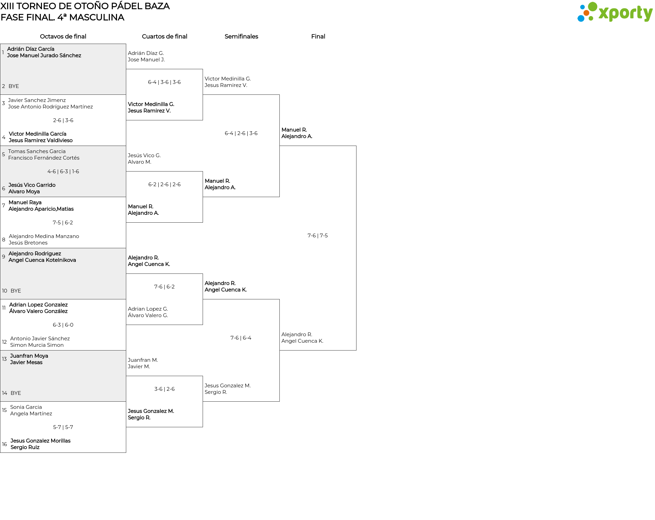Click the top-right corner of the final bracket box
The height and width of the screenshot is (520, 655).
[x=356, y=146]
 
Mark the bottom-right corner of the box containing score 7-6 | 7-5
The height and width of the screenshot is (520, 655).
[x=356, y=350]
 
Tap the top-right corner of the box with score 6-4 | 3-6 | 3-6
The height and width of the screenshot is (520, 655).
[x=203, y=69]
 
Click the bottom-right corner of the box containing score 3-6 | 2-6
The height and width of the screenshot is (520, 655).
[x=203, y=427]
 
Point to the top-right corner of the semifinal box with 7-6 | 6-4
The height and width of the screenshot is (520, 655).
[x=279, y=299]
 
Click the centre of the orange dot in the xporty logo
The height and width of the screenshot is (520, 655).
[x=586, y=13]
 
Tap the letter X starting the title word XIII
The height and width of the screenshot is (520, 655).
[x=3, y=6]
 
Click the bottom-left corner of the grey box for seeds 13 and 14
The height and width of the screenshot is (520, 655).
[x=0, y=401]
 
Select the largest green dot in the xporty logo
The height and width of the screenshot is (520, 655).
[x=593, y=7]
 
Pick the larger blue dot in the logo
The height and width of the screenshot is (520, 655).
[x=581, y=18]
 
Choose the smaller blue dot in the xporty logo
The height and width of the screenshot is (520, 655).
[x=582, y=7]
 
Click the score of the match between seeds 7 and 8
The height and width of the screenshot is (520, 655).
[x=63, y=223]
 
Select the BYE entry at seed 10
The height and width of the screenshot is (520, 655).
[x=16, y=291]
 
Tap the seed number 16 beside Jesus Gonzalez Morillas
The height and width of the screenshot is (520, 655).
[x=4, y=444]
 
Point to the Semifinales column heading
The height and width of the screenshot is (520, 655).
[x=241, y=36]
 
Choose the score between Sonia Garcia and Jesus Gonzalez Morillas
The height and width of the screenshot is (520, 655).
[x=63, y=427]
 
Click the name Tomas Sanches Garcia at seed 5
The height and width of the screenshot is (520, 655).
[x=37, y=151]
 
